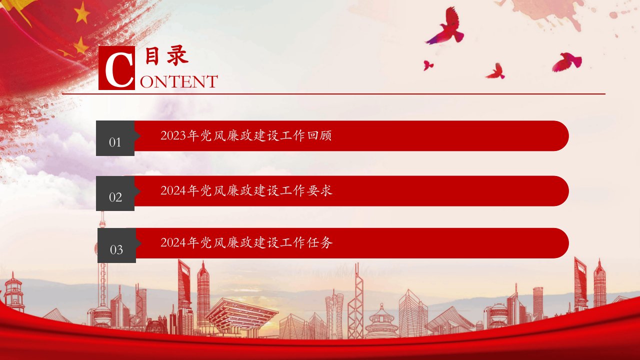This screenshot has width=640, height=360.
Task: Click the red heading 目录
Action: [167, 56]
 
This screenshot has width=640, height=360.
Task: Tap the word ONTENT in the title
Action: [179, 81]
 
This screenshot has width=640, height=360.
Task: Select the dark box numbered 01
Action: [115, 138]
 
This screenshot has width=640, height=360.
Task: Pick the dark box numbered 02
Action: [115, 193]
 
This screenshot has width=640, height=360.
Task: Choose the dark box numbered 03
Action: [117, 245]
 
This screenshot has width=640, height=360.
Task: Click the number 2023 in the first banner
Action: [173, 135]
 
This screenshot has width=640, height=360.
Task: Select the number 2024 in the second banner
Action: [173, 191]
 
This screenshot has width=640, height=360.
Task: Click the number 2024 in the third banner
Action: [173, 243]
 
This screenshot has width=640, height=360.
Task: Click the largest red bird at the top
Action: [445, 26]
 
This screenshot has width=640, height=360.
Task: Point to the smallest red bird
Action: [427, 65]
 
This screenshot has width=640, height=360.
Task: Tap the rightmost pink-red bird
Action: [566, 61]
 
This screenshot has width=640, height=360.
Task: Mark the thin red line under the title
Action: [333, 93]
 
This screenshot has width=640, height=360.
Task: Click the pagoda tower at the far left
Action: [13, 293]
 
